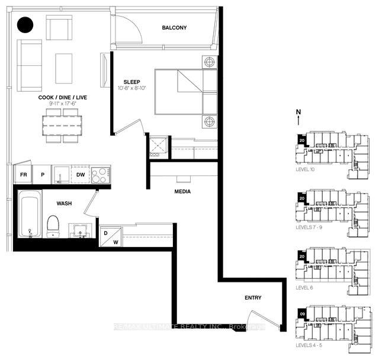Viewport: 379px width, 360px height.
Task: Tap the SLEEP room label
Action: pyautogui.click(x=132, y=82)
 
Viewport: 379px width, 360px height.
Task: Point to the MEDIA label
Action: pyautogui.click(x=182, y=192)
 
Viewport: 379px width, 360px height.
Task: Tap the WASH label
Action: pyautogui.click(x=64, y=203)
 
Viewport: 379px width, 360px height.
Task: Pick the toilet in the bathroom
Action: pyautogui.click(x=53, y=225)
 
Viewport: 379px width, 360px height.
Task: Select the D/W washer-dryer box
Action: pyautogui.click(x=111, y=237)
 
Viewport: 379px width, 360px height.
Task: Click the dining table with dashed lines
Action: pyautogui.click(x=62, y=125)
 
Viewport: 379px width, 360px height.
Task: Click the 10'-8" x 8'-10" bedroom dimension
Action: pyautogui.click(x=132, y=89)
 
